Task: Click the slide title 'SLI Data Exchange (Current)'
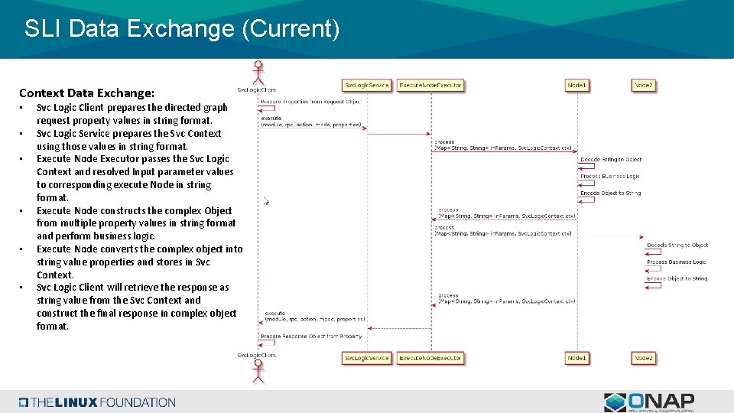(181, 29)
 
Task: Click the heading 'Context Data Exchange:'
(86, 93)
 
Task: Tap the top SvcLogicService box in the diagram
(366, 86)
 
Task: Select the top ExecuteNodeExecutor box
(430, 86)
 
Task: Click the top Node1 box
(577, 86)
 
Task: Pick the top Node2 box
(644, 86)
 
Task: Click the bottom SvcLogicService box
(366, 358)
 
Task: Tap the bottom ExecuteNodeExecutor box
(430, 358)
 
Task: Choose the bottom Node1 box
(577, 358)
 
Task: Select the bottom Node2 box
(644, 358)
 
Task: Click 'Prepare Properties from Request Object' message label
(310, 102)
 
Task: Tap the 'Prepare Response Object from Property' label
(311, 336)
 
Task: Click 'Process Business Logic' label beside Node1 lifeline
(609, 176)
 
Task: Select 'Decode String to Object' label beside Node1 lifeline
(611, 160)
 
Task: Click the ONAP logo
(649, 402)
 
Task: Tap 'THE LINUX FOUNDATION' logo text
(98, 402)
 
